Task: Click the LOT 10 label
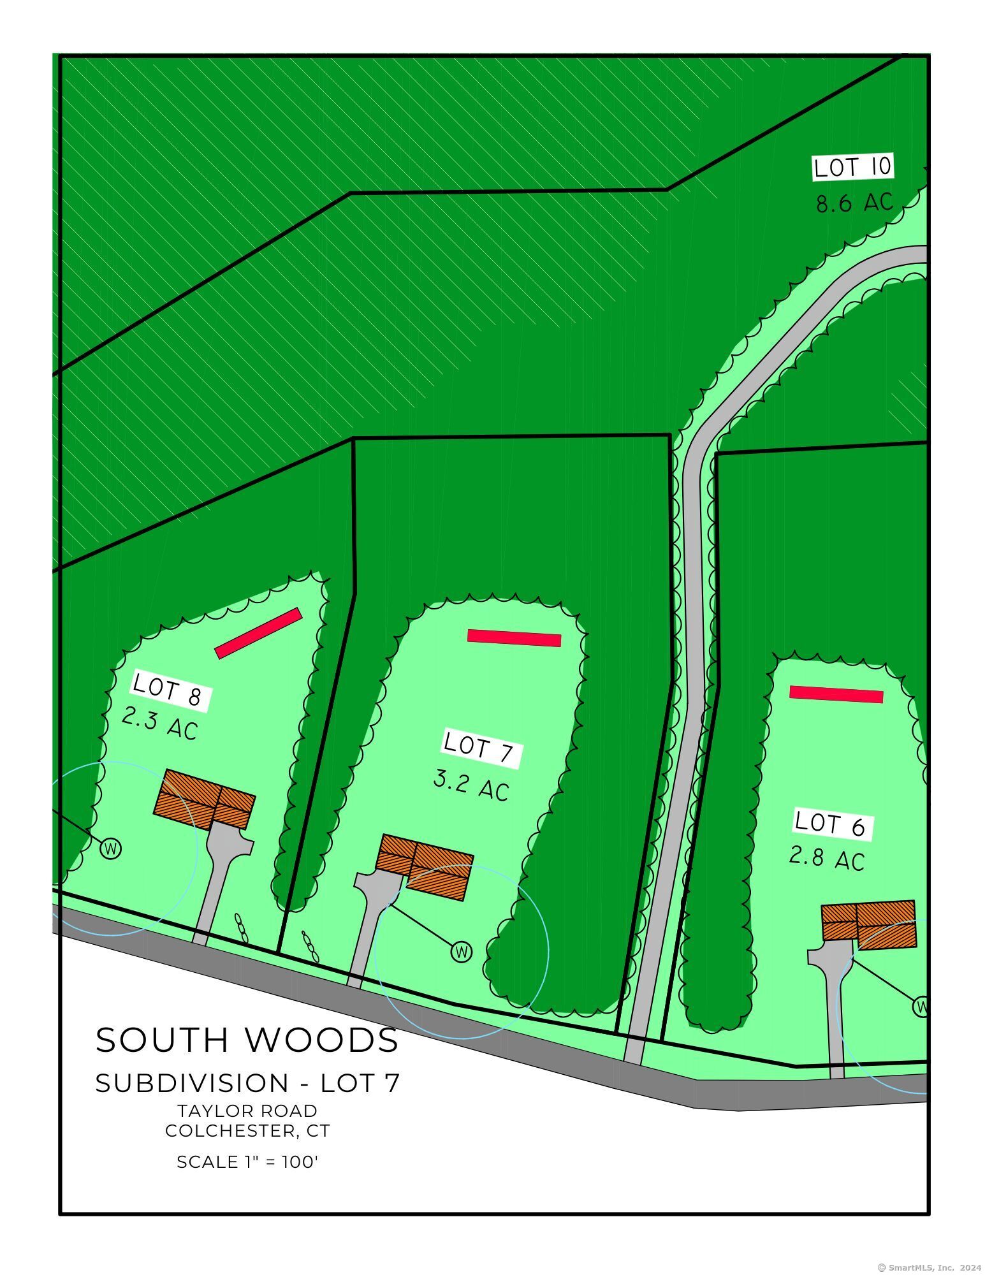pos(852,167)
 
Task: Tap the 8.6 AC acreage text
pos(854,203)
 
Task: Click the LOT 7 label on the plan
pos(481,748)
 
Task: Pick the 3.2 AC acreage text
pos(471,785)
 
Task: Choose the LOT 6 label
pos(832,824)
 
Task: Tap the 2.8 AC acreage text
pos(827,858)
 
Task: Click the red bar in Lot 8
pos(258,632)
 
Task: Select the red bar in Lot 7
pos(514,637)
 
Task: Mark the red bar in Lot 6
pos(836,694)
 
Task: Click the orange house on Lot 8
pos(205,799)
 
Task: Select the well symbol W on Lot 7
pos(462,952)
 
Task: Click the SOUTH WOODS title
pos(247,1040)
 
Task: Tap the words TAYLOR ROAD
pos(247,1110)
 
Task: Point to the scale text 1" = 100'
pos(247,1162)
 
